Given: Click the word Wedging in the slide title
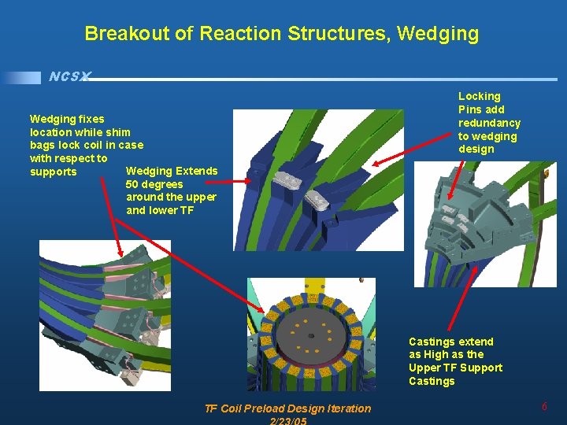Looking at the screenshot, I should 438,34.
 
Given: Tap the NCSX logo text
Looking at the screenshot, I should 69,77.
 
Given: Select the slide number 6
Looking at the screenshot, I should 544,406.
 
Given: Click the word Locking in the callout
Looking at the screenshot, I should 480,96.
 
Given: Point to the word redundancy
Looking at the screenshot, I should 489,123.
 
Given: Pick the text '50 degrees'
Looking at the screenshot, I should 154,184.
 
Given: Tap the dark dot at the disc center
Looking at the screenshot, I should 311,336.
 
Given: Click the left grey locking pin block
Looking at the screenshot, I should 283,183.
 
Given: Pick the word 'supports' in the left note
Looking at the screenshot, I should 54,172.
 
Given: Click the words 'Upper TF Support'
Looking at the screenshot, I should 455,368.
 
